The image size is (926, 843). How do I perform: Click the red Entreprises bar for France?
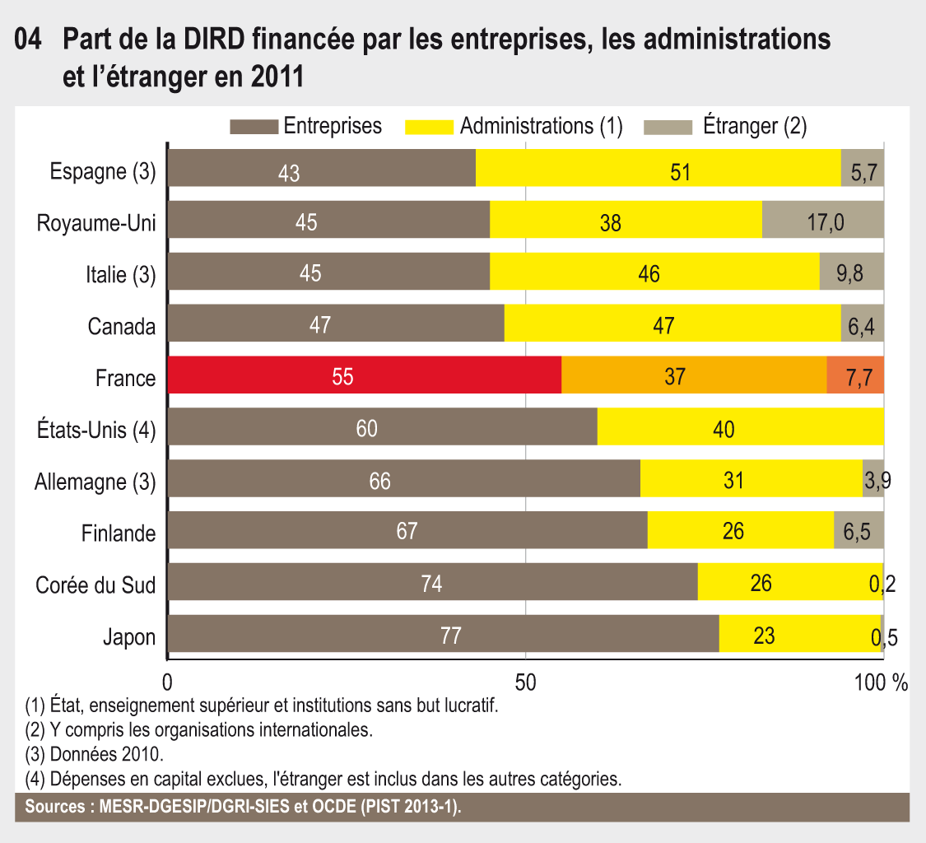[364, 375]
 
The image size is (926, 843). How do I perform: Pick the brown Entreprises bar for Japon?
[443, 635]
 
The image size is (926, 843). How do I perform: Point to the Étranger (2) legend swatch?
[669, 127]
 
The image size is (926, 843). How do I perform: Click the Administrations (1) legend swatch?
[429, 127]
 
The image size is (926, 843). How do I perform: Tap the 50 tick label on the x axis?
[525, 682]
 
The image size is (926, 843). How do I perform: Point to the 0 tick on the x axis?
[168, 682]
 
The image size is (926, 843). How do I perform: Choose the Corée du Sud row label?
[95, 585]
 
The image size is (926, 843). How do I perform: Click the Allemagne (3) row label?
[95, 482]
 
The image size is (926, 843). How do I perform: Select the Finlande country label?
[119, 533]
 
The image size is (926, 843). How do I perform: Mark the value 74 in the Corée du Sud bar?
[431, 584]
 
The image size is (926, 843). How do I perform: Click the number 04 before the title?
[29, 38]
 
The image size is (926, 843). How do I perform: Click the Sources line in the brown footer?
[244, 807]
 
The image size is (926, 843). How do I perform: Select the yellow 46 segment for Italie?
[649, 272]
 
